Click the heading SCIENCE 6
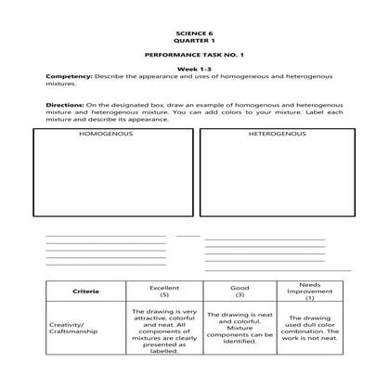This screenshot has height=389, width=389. coord(193,33)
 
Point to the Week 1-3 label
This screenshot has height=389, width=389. coord(193,71)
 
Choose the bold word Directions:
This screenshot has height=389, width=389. coord(64,106)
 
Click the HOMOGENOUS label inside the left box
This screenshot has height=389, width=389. coord(108,135)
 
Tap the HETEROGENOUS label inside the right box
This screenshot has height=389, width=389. coord(276,135)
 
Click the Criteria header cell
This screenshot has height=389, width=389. coord(85,292)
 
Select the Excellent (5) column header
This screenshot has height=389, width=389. coord(163,291)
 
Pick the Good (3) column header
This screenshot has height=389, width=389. coord(239,291)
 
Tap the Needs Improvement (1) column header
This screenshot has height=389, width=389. coord(310,291)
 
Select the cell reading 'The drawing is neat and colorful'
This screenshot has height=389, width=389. coord(239,329)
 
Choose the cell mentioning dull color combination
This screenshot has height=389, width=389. coord(310,329)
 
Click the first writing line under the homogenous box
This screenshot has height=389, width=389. coord(106,236)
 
